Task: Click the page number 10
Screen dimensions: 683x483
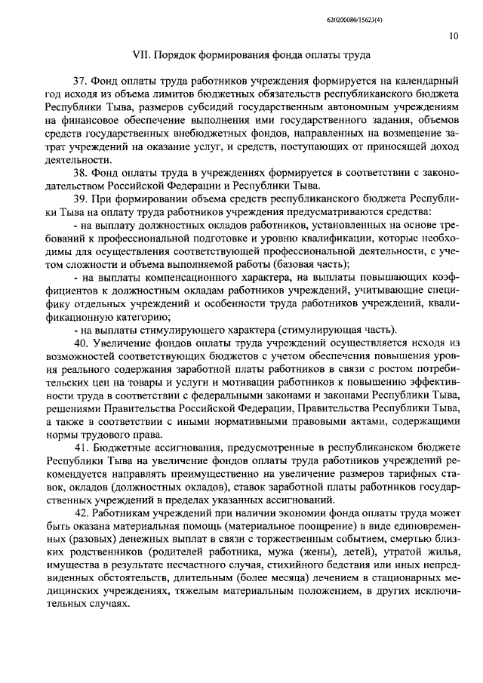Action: pos(451,35)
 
